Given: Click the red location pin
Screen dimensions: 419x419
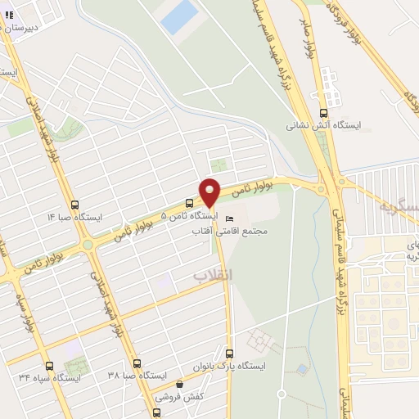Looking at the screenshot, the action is [210, 191].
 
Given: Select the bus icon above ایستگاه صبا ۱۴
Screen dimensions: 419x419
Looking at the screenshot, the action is [75, 205].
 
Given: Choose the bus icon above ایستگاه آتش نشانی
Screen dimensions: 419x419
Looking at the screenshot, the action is [323, 114].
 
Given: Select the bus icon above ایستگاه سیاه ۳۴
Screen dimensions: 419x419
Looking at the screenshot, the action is [49, 366].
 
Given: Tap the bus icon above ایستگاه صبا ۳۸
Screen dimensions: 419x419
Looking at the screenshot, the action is [137, 363].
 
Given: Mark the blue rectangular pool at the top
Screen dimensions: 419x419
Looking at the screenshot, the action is [179, 17].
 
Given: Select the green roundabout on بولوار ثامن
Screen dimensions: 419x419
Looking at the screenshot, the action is [88, 244].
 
